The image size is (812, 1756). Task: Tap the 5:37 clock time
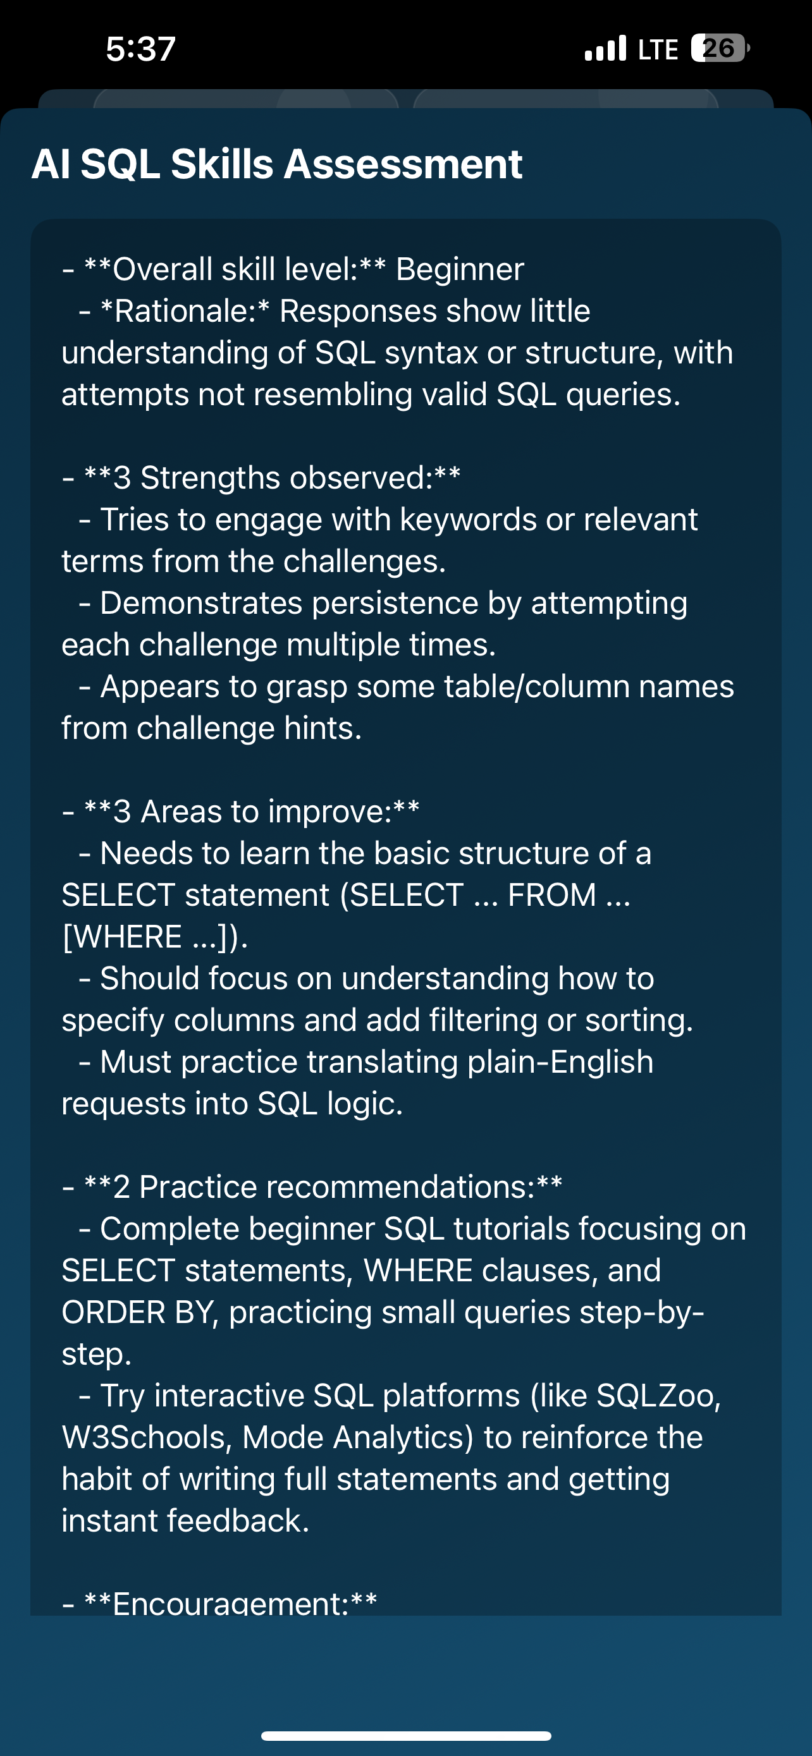(141, 49)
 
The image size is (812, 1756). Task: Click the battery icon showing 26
(720, 49)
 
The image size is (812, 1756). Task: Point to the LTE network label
(658, 49)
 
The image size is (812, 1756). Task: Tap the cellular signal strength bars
(605, 49)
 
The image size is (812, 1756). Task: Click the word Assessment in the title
(402, 164)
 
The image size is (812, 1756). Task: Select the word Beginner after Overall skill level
(460, 269)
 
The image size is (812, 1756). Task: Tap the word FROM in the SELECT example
(552, 895)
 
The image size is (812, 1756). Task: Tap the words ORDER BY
(140, 1312)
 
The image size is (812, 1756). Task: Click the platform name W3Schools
(142, 1437)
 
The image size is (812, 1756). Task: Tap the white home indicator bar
(407, 1736)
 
